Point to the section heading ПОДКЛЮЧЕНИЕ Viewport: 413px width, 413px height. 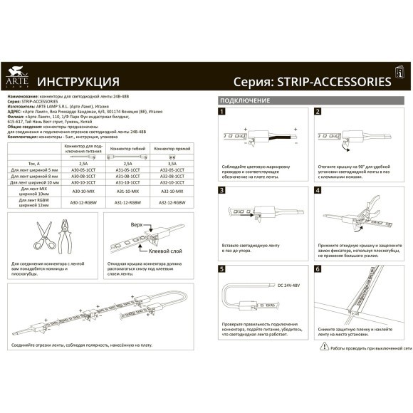(x=244, y=100)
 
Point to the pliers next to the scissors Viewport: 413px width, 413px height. (x=69, y=238)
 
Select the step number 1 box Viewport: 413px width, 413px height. (x=222, y=112)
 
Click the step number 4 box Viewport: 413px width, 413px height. (x=318, y=190)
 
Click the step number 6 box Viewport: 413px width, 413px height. (x=318, y=269)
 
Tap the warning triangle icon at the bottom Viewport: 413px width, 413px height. (x=325, y=347)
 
